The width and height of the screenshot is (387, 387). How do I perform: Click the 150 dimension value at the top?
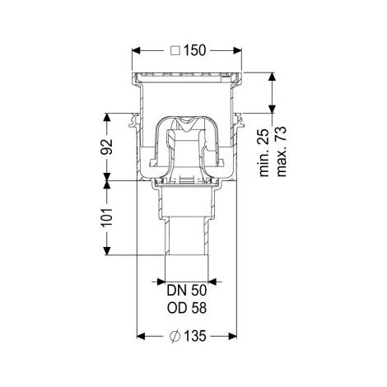coord(194,50)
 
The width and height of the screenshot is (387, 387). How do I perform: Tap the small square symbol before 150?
coord(175,51)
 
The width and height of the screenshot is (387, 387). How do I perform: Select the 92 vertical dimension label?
coord(107,147)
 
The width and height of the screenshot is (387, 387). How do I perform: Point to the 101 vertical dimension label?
coord(107,217)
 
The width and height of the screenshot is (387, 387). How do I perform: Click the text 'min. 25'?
coord(264,152)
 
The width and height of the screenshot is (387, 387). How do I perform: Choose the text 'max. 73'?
coord(282,152)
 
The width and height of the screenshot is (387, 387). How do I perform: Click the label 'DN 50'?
coord(187,291)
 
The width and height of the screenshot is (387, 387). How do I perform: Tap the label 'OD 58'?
coord(187,308)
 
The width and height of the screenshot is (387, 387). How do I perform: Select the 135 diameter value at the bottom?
coord(194,336)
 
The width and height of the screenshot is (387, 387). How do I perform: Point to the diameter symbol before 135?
coord(175,336)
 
